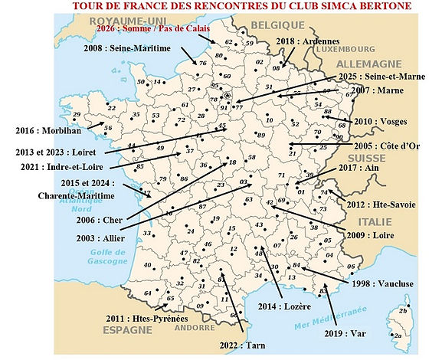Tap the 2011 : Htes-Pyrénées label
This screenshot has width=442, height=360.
tap(140, 318)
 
